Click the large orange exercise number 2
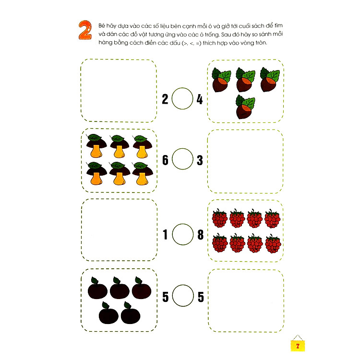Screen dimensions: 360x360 85,30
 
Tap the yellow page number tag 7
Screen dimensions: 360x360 298,346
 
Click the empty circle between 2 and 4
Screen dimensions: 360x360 182,98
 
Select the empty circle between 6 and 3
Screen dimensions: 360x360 182,159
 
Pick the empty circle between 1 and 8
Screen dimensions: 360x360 183,234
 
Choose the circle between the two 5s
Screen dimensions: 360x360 183,296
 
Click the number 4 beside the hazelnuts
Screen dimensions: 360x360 200,99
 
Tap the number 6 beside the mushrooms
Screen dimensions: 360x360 165,160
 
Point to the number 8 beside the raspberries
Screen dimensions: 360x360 201,235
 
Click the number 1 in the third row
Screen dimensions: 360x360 165,235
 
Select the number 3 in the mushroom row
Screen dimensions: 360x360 200,160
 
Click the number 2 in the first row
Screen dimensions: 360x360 165,99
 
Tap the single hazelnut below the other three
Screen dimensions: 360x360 245,107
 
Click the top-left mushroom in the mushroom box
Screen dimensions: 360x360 96,146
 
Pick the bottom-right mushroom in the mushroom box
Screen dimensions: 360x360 143,174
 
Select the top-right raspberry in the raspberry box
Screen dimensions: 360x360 272,218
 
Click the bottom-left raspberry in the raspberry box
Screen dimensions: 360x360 220,243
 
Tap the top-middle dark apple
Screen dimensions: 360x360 120,288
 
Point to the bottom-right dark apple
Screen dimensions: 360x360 130,313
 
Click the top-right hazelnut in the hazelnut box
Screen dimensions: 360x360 270,80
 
